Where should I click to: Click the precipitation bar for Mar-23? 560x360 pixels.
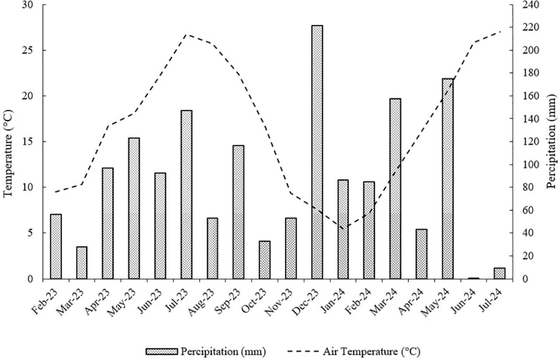[82, 262]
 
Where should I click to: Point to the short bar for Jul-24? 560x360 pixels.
[500, 273]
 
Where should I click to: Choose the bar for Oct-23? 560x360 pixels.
[265, 260]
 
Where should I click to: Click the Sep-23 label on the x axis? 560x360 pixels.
[231, 298]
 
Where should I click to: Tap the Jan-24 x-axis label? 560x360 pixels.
[336, 298]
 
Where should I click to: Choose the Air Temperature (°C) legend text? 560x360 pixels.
[372, 351]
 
